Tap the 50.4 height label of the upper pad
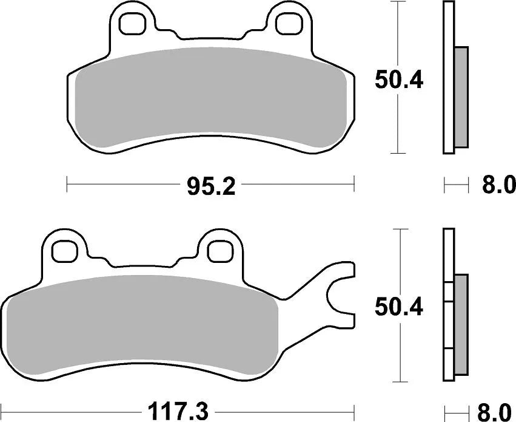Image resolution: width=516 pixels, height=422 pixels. click(x=398, y=80)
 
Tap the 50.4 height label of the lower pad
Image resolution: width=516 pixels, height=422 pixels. click(x=398, y=307)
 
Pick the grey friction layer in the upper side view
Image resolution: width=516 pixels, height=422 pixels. click(x=461, y=97)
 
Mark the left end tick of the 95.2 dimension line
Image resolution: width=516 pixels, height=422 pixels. click(x=66, y=183)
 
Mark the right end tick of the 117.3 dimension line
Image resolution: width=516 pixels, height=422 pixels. click(x=354, y=412)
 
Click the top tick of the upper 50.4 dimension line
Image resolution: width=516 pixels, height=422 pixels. click(x=397, y=2)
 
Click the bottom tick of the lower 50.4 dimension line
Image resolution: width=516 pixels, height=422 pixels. click(x=397, y=383)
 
